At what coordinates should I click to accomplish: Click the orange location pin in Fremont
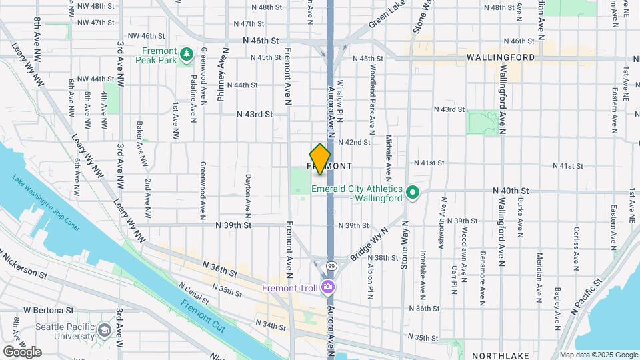320,159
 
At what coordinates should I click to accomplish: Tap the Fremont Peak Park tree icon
189,53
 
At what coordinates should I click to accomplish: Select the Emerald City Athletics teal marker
413,193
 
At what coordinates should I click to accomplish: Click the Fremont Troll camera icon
327,287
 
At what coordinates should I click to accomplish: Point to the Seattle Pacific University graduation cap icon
104,331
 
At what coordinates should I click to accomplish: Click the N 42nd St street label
353,142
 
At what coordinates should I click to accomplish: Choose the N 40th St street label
511,191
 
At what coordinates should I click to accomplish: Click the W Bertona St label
48,310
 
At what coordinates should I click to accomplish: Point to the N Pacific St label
586,297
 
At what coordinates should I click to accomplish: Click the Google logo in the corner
22,351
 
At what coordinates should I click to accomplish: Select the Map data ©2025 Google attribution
598,355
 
